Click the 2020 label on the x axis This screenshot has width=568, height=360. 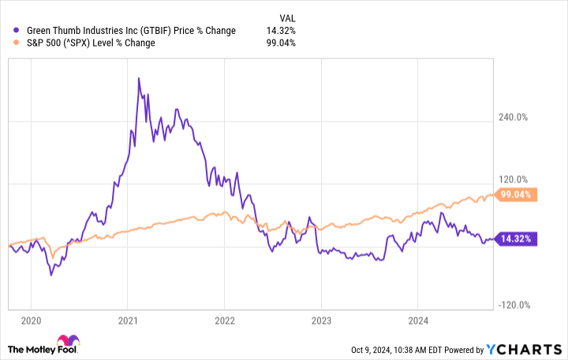point(31,321)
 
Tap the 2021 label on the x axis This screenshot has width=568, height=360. point(128,321)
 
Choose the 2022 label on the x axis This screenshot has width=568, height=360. point(225,321)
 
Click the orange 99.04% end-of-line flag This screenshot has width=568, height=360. point(518,194)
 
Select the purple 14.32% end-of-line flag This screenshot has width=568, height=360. point(518,238)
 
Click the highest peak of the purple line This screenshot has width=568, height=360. point(139,78)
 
